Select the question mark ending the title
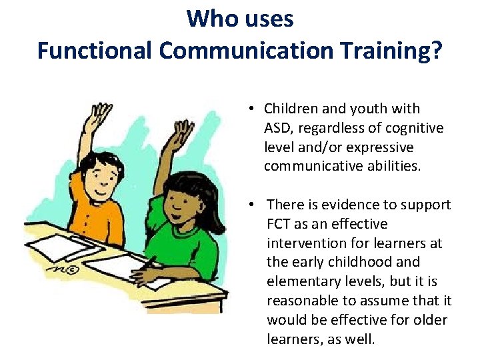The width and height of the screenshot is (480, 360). [435, 50]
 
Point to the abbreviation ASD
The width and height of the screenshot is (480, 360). [278, 127]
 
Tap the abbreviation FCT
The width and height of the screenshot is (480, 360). [280, 223]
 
